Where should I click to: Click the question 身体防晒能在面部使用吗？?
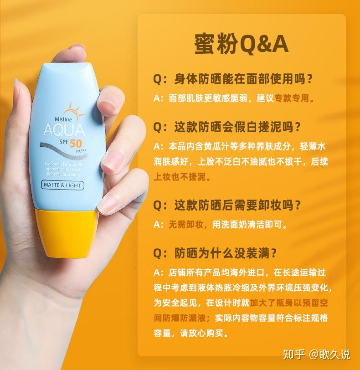233,79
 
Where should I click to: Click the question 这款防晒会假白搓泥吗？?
233,127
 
